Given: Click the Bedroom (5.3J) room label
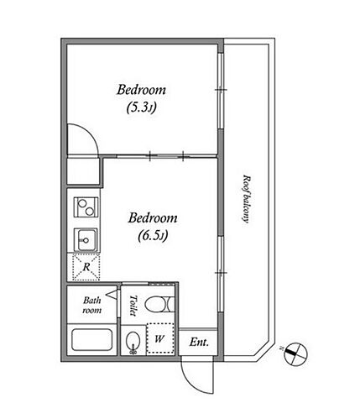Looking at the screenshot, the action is (141, 98).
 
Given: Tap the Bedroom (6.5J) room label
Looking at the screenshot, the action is (153, 227).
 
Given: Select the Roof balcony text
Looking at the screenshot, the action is (246, 199).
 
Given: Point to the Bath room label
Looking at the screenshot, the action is (92, 305).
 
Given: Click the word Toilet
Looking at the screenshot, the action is (133, 306).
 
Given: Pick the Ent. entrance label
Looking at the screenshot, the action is (199, 342).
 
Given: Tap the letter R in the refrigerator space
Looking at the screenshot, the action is (86, 267).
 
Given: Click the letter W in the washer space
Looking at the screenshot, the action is (159, 339).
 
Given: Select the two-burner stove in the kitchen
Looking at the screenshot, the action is (86, 207).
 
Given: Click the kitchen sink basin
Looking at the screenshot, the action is (86, 240).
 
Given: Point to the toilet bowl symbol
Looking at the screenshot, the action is (159, 304).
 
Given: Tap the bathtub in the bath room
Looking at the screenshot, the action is (92, 340).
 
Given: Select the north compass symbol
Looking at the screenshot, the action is (295, 353).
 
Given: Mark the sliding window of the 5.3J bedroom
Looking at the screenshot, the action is (221, 91).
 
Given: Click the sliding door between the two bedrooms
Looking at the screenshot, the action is (166, 155).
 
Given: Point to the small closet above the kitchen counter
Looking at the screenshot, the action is (84, 171).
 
